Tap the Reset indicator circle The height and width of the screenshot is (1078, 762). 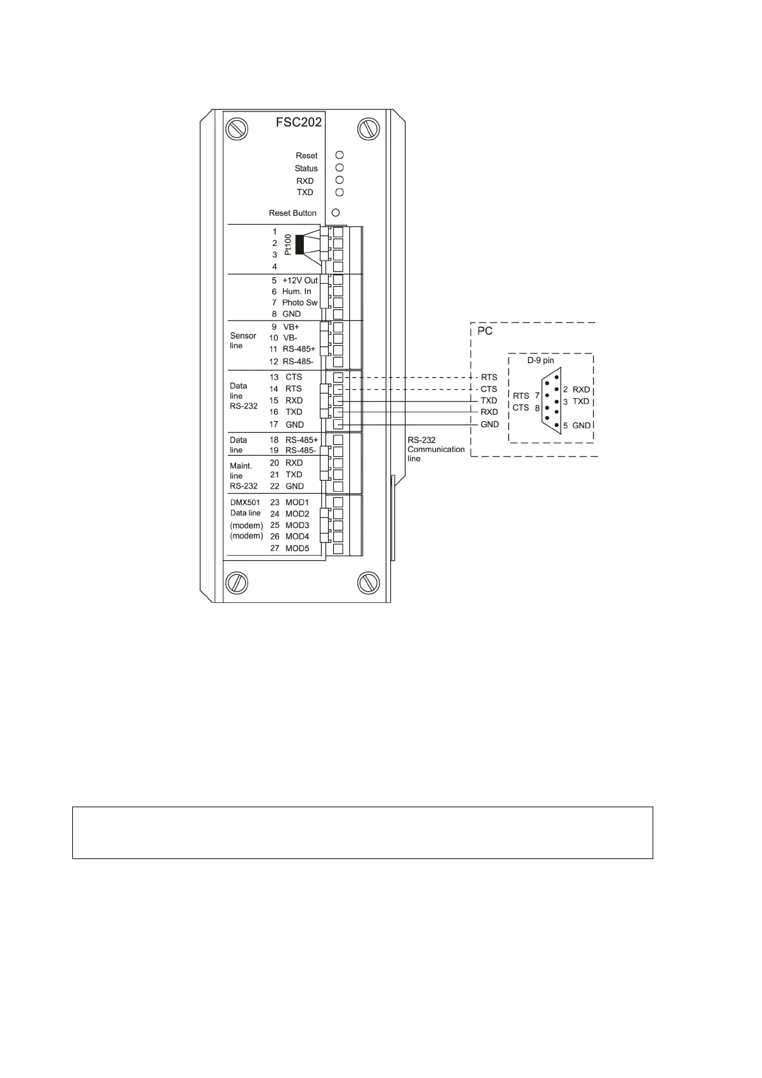point(340,155)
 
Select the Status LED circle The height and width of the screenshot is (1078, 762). point(340,167)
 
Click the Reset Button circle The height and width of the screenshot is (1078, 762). point(335,213)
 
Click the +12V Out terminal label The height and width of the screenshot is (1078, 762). point(299,280)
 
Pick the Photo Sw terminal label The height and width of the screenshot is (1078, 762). point(299,303)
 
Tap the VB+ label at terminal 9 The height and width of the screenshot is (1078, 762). point(290,326)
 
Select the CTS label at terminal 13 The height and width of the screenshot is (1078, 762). point(294,377)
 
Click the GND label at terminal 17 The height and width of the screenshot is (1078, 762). point(294,424)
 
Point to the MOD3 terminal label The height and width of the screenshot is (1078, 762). point(297,525)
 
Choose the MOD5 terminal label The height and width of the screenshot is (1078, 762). point(297,549)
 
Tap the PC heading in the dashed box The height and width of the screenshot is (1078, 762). point(486,332)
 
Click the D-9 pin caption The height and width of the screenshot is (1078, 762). point(541,360)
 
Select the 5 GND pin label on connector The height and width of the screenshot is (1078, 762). point(576,426)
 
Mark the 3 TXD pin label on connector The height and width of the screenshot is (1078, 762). point(576,401)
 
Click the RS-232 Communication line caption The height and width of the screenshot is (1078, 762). point(435,449)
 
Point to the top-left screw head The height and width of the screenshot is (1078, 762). point(235,129)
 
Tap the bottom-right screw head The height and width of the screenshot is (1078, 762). point(368,582)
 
